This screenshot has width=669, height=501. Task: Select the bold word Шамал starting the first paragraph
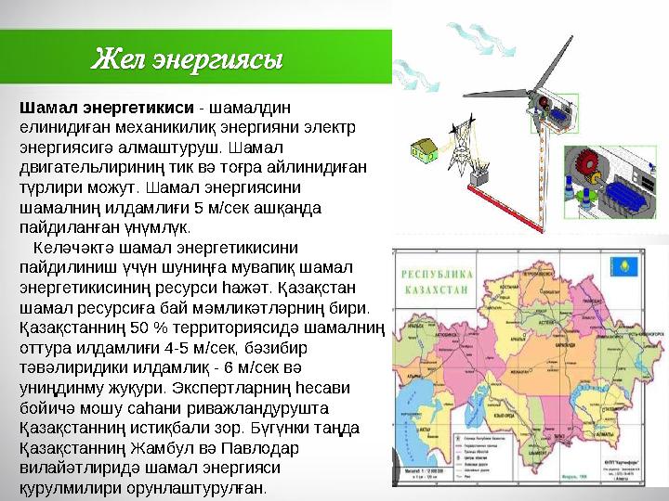(x=48, y=108)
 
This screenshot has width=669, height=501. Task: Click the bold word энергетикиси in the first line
(x=138, y=108)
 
